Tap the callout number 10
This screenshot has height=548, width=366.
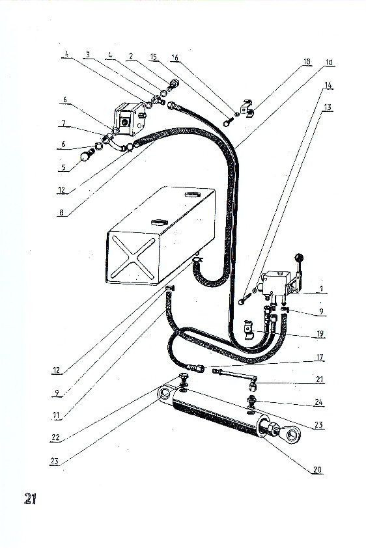pos(329,62)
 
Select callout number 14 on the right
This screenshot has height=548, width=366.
pos(328,85)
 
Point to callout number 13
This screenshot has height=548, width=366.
pos(328,107)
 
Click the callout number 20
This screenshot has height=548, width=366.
pos(317,470)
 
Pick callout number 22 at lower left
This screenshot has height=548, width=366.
pos(55,437)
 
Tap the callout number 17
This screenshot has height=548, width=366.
pos(320,357)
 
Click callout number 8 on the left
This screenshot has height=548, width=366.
pos(61,212)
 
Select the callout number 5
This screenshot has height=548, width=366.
pos(63,167)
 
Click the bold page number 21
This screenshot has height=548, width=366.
pos(30,499)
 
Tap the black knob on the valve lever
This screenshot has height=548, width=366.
pos(298,258)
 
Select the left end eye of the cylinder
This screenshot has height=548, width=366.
pos(165,393)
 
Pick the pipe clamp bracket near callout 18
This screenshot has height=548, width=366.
pos(248,107)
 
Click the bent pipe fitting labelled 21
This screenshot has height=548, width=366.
pos(235,378)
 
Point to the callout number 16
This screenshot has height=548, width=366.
pos(175,57)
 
